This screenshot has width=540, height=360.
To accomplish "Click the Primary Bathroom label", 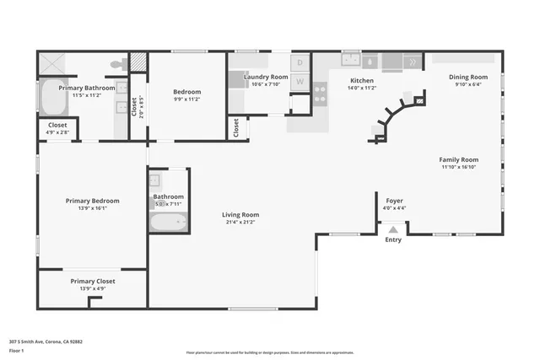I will click(86, 87).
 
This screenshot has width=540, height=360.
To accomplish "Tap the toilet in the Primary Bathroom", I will click(115, 64).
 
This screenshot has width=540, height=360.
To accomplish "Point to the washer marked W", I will click(300, 83).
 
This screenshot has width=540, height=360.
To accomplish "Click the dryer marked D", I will click(300, 63).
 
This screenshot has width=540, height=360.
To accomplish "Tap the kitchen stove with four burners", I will click(321, 93).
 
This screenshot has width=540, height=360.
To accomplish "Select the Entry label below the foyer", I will click(393, 240).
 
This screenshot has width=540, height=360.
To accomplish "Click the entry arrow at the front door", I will click(393, 228).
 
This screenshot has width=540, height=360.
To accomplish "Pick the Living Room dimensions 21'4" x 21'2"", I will click(241, 223).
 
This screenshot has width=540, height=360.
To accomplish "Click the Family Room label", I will click(459, 159).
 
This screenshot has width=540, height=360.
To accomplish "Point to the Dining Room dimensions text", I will click(467, 84).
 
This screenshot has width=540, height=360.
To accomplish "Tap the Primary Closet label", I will click(93, 281).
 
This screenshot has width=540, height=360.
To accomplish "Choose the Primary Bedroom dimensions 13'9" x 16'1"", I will click(93, 208).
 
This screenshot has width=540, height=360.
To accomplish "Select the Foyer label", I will click(395, 201).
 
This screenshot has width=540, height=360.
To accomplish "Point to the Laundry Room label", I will click(266, 77).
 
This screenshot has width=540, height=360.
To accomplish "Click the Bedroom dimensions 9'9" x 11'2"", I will click(186, 99).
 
